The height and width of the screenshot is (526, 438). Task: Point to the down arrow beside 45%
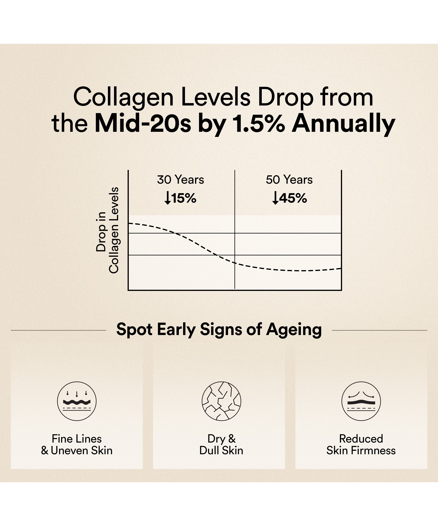click(275, 198)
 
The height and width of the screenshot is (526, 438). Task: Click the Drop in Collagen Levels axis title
click(107, 230)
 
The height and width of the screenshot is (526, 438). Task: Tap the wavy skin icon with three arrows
click(77, 401)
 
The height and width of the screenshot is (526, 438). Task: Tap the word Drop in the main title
click(285, 98)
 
